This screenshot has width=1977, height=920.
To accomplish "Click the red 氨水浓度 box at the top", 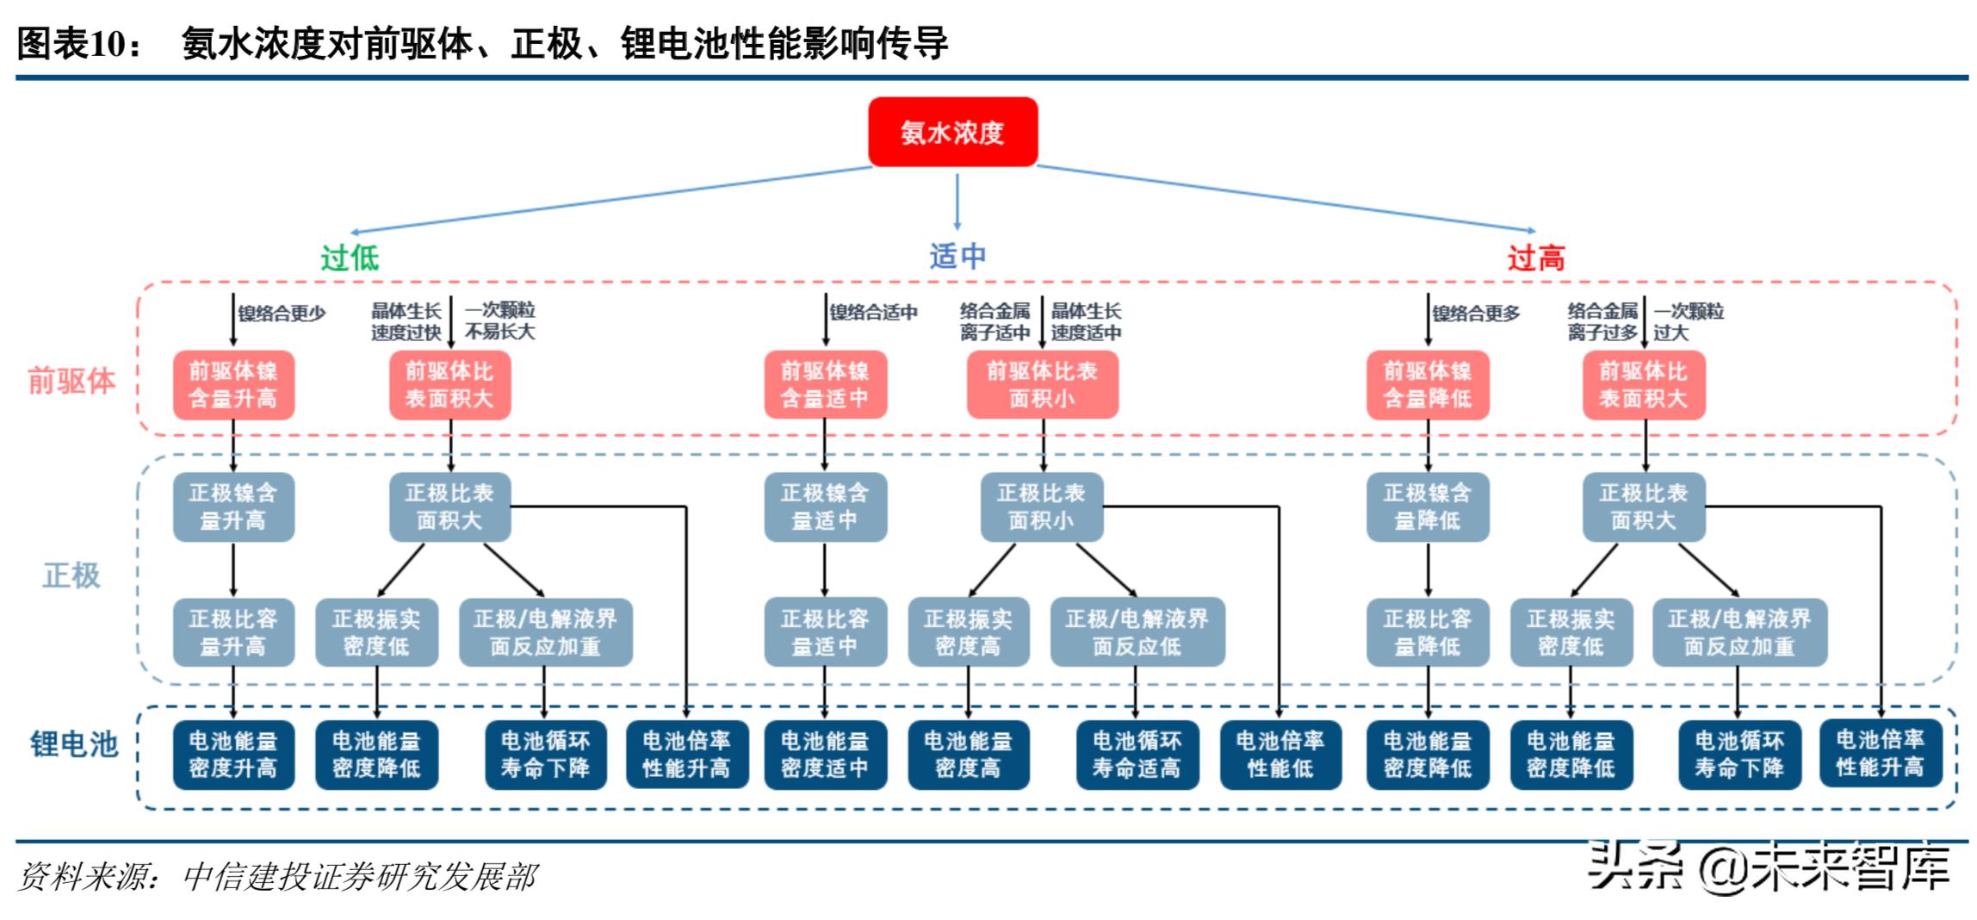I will click(952, 132).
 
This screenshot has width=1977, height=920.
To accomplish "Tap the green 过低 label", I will click(350, 258).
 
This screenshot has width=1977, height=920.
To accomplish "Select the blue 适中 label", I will click(958, 256).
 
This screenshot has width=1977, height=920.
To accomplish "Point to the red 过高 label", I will click(1535, 258).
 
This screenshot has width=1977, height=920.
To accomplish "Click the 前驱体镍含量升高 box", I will click(233, 384).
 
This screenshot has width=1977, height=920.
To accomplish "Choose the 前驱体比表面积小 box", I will click(1042, 384).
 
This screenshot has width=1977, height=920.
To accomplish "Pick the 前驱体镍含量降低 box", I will click(1427, 384).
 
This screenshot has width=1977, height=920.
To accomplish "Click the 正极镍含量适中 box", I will click(825, 507).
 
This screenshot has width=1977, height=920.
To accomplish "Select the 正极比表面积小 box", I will click(1042, 507).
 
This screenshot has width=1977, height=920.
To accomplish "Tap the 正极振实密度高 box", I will click(968, 632).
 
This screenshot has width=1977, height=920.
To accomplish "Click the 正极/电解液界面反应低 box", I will click(1137, 632).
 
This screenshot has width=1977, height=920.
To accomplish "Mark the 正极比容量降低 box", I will click(1427, 632).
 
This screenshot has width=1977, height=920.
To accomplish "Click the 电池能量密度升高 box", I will click(233, 755).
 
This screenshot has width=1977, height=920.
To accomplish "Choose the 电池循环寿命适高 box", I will click(1137, 755).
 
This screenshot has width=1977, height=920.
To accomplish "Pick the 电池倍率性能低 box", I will click(1280, 755).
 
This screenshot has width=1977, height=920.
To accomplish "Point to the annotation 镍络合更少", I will click(282, 314).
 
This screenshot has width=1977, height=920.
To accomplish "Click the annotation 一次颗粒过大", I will click(1688, 321).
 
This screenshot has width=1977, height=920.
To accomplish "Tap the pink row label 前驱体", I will click(71, 380).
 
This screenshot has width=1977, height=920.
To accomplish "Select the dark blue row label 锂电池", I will click(74, 743).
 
